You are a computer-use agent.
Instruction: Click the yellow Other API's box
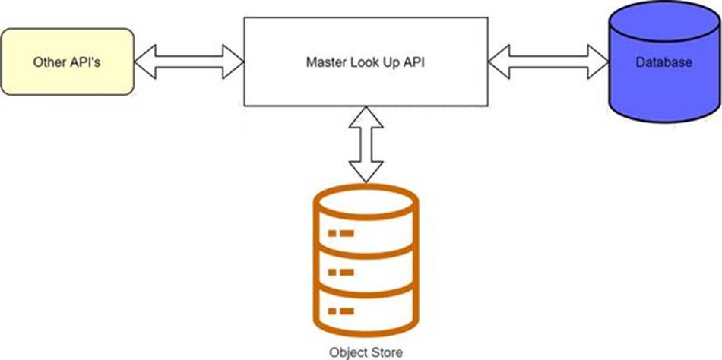click(67, 62)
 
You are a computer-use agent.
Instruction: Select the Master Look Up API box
click(364, 62)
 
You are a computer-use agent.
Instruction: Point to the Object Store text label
click(366, 352)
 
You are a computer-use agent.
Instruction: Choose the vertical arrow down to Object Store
click(366, 144)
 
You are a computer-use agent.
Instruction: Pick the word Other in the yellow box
click(48, 62)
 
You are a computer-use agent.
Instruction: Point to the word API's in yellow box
click(84, 62)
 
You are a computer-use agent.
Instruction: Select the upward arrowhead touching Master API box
click(366, 115)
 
